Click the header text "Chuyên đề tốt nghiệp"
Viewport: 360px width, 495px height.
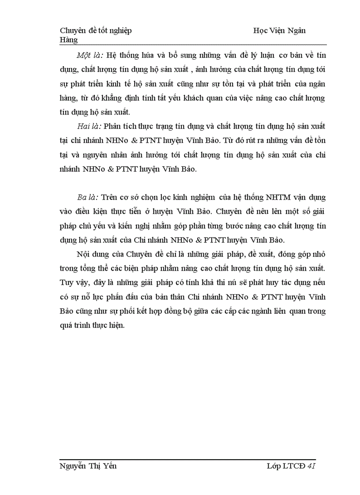pyautogui.click(x=95, y=30)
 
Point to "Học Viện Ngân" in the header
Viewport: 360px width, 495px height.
pyautogui.click(x=280, y=30)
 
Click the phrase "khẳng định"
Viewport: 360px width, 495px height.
pyautogui.click(x=122, y=98)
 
